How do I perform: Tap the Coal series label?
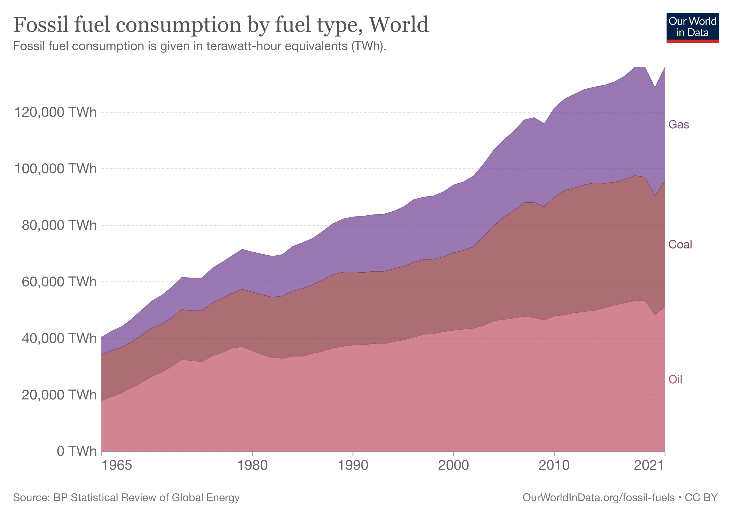(680, 244)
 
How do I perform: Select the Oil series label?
(675, 379)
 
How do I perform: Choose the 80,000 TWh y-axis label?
(59, 225)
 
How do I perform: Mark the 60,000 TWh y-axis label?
(59, 282)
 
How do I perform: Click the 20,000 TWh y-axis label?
(59, 395)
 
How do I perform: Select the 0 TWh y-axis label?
(76, 451)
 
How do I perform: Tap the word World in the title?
(399, 25)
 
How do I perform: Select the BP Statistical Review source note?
(126, 498)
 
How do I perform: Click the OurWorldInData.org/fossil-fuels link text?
(599, 498)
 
